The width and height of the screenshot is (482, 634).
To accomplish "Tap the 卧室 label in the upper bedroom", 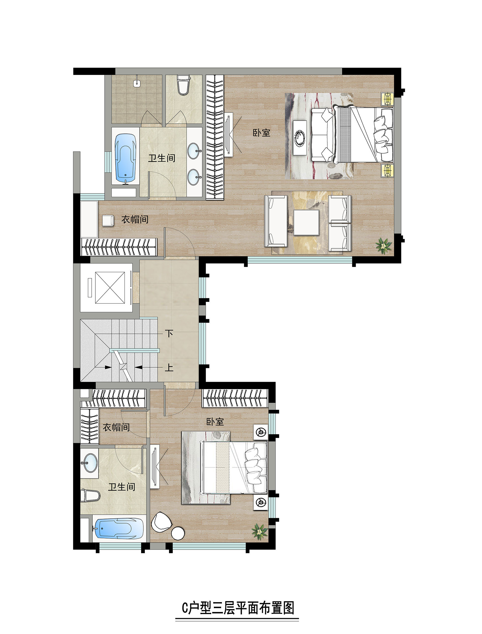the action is click(x=261, y=133).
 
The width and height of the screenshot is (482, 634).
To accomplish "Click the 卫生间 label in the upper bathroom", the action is click(x=161, y=158).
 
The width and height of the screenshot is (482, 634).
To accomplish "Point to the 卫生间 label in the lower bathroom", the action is click(x=121, y=487).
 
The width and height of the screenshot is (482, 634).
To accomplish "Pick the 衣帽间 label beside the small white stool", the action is click(x=135, y=220).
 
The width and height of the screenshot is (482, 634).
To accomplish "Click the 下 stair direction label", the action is click(x=169, y=333).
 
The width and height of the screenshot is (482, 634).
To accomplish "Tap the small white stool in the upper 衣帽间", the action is click(x=108, y=221).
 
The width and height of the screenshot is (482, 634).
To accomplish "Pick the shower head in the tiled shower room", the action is click(x=137, y=82).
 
